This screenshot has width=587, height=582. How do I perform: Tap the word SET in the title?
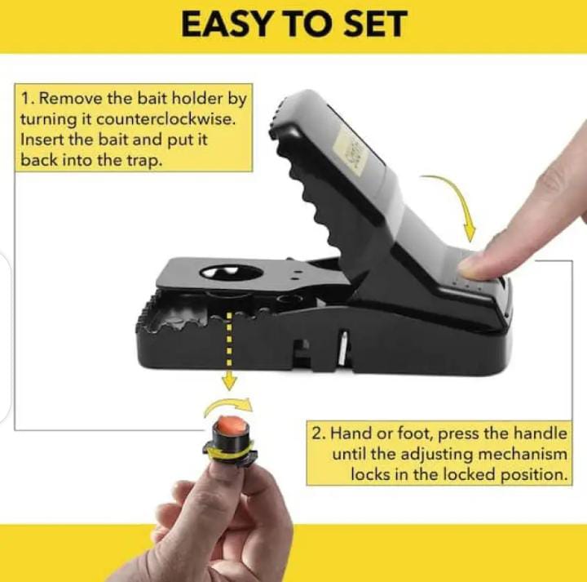point(375,24)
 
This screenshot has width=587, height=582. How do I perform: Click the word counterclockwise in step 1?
point(166,119)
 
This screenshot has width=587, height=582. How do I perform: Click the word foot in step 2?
point(414,433)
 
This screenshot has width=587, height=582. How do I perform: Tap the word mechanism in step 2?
point(523,454)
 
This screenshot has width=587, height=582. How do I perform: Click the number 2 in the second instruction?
point(317,433)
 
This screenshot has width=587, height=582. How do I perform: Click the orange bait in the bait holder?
point(232,426)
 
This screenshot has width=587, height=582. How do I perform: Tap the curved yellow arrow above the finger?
point(454,202)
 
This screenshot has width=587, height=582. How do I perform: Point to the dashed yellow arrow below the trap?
point(229,351)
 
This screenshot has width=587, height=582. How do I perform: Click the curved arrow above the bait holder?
point(227,404)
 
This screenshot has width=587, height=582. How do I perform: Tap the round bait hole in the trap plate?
point(232,273)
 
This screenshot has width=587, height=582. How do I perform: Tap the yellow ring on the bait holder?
point(229,453)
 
